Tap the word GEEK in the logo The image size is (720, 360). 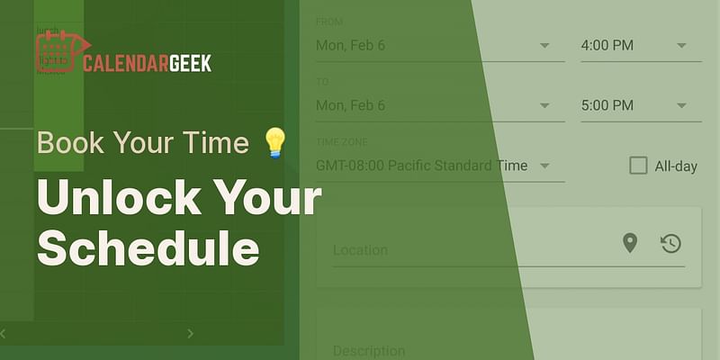[x=189, y=63]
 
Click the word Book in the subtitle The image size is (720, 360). [x=67, y=143]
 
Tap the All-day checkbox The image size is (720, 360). [x=638, y=165]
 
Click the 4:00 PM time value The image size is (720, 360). [x=607, y=45]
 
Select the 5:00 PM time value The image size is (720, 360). [x=607, y=105]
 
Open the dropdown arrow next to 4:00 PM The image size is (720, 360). [x=681, y=45]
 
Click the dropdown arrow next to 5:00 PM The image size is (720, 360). [x=681, y=105]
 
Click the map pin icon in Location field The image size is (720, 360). [x=630, y=242]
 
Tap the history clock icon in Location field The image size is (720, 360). [x=670, y=243]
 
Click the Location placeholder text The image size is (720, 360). [x=360, y=250]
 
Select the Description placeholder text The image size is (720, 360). [x=369, y=350]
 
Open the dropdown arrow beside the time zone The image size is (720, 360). [x=545, y=166]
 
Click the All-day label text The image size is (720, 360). [x=676, y=166]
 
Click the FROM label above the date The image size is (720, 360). [x=329, y=22]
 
